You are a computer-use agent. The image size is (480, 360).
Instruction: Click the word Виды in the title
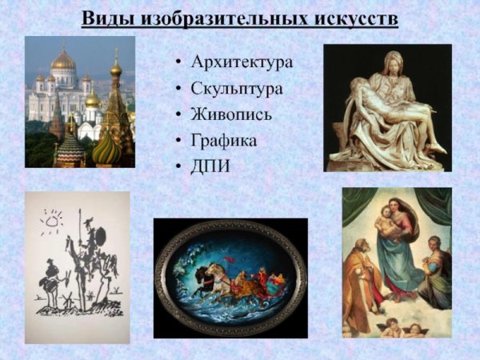tap(108, 17)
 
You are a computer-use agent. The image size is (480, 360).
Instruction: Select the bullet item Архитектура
tap(242, 62)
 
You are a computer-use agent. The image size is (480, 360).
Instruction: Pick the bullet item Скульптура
tap(236, 88)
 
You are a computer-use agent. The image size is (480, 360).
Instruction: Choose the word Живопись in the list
tap(231, 114)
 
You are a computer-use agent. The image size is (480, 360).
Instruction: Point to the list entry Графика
tap(223, 141)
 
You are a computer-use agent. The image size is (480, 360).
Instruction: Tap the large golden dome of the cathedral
tap(62, 59)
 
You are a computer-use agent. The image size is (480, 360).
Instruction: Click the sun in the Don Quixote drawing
tap(52, 218)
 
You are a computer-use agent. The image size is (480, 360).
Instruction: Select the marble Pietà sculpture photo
tap(387, 107)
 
